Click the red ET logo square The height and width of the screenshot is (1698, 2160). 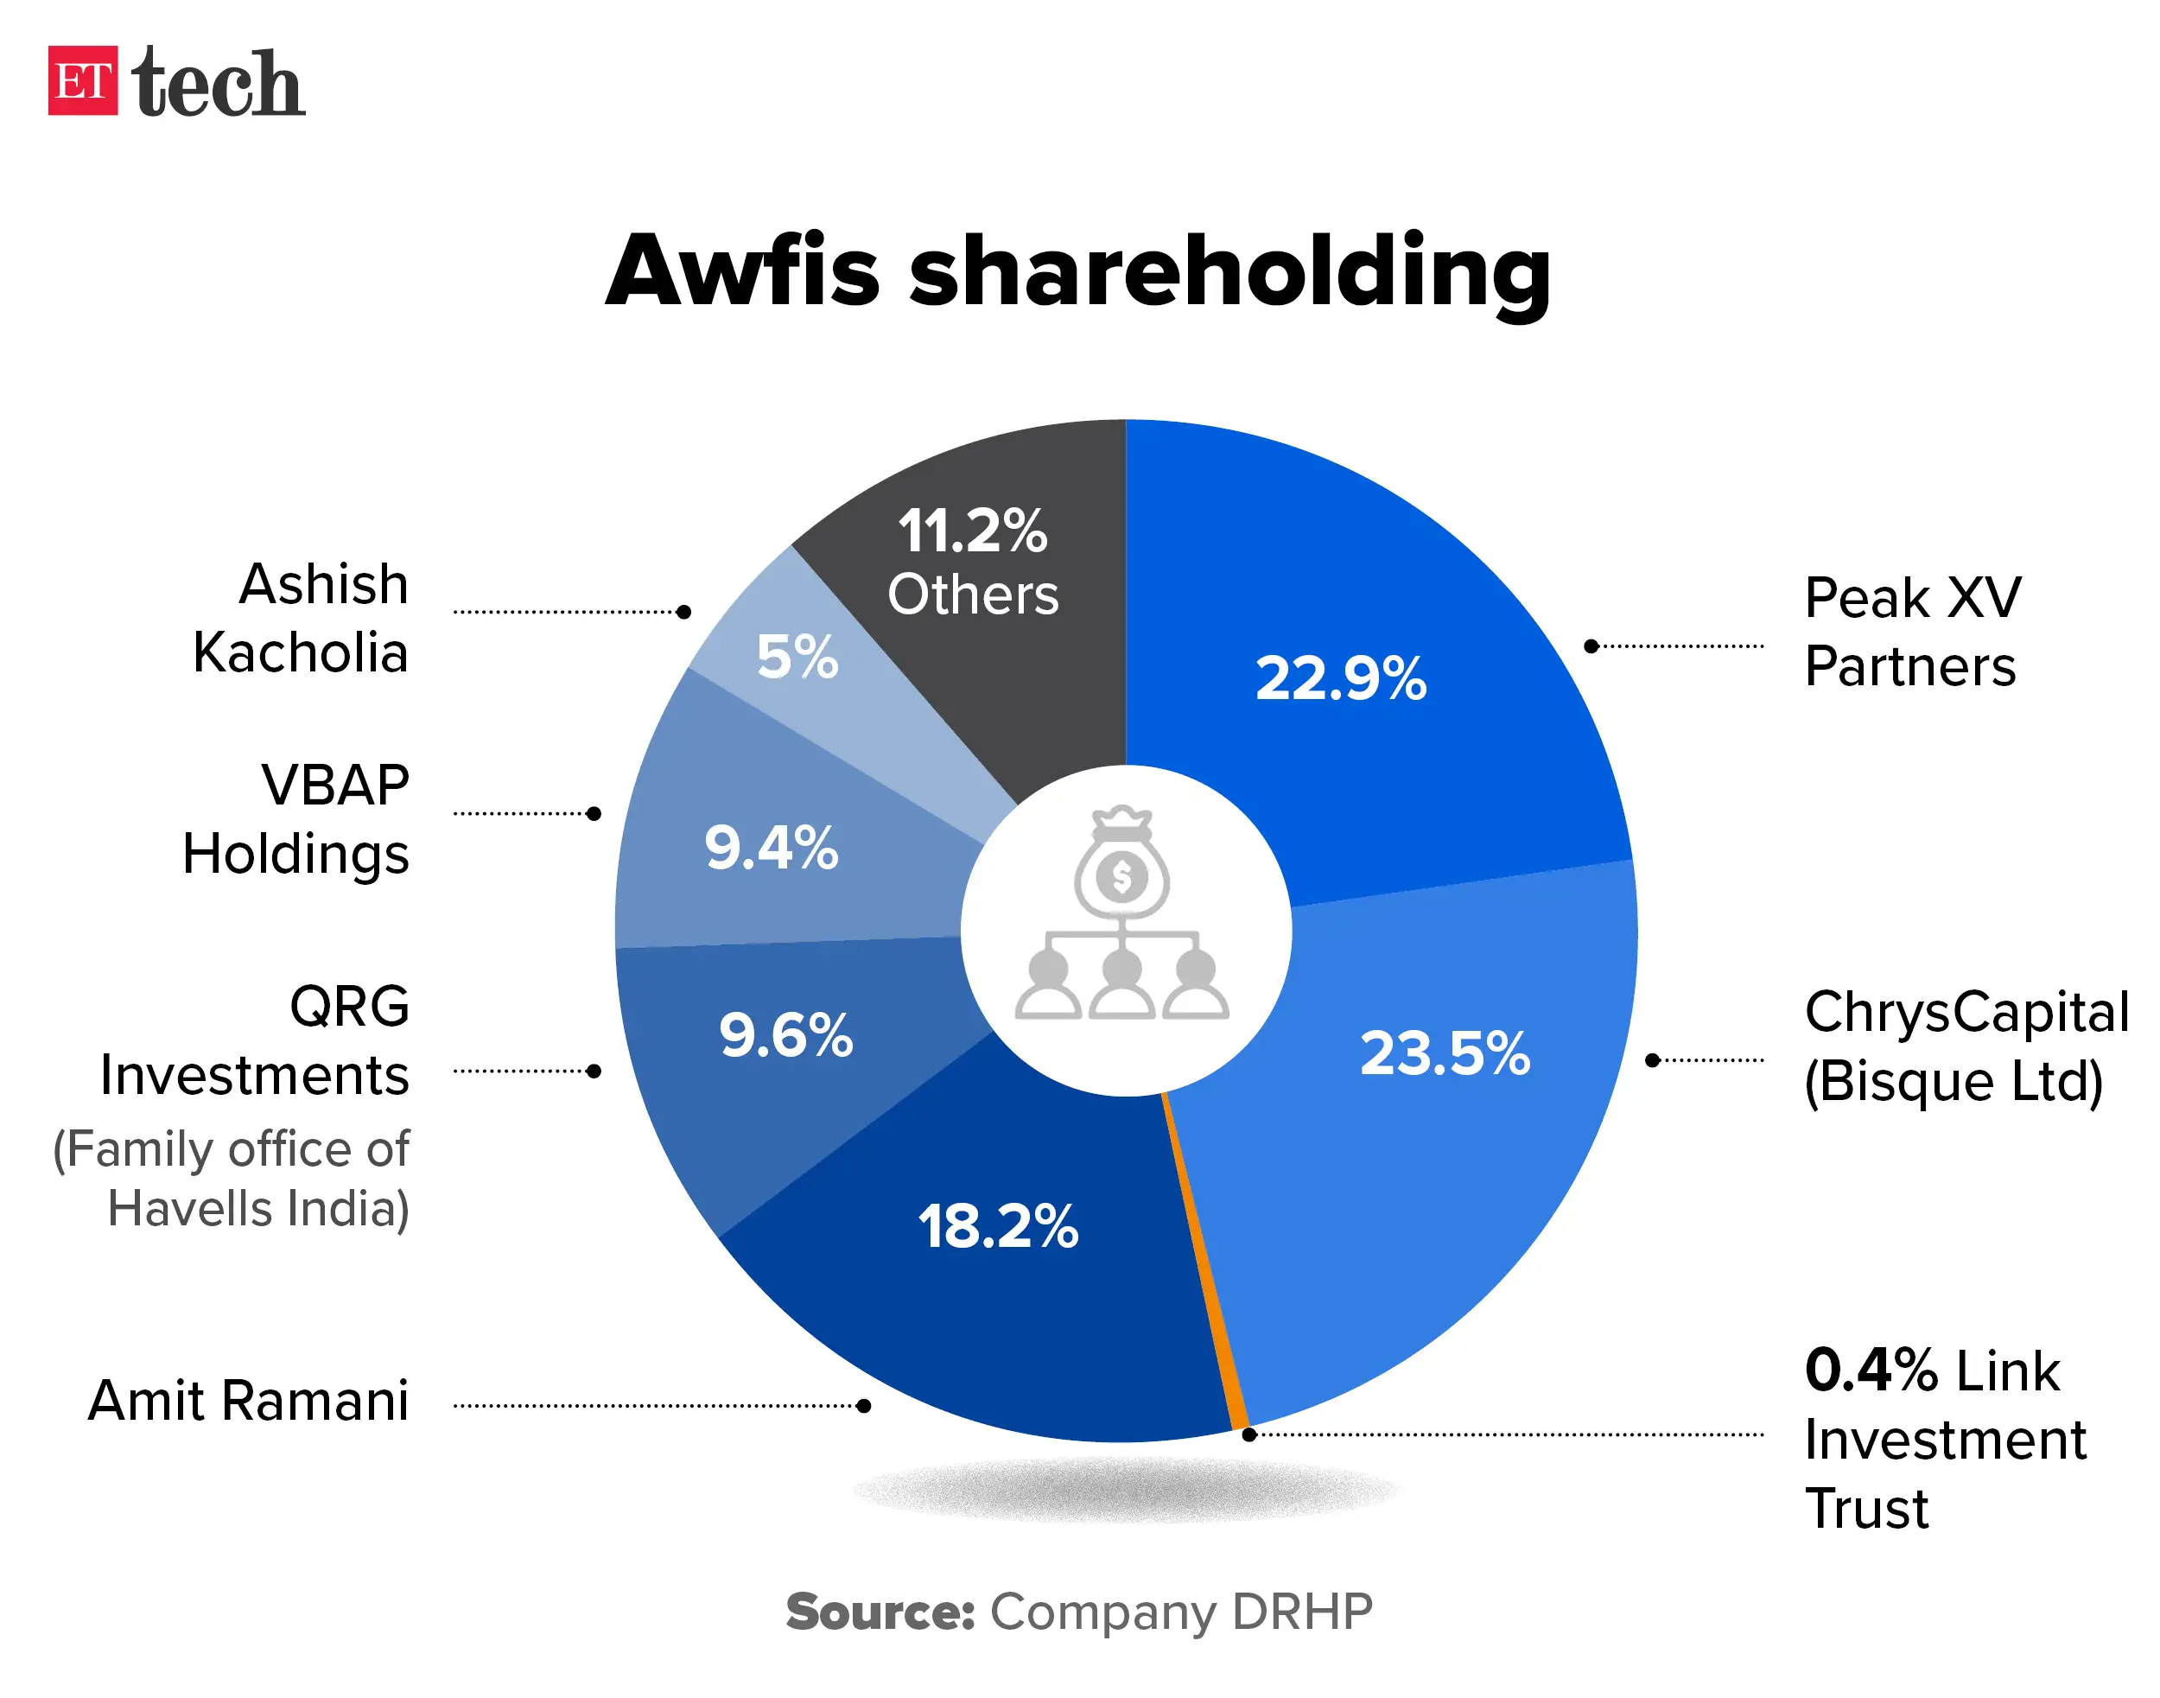82,80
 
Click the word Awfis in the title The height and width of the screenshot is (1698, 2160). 741,271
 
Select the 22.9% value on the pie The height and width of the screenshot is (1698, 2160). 1340,678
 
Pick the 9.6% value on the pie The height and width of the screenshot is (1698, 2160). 785,1035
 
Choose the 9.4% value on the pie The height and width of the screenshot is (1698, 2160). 771,847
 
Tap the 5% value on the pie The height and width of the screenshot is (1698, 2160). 797,656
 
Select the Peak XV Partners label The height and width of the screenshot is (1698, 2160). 1910,632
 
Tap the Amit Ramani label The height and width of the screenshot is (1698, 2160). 249,1401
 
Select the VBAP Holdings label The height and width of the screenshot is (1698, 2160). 296,819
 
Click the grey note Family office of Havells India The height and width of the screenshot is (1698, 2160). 231,1178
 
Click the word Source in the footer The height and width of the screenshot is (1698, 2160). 879,1612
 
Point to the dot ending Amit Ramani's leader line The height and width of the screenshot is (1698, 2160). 863,1406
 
